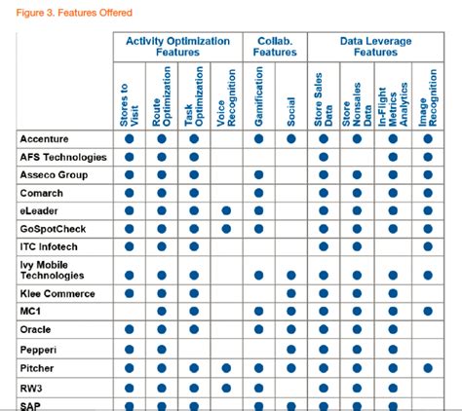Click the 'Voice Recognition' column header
tap(227, 97)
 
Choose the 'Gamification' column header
tap(259, 97)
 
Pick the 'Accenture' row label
tap(47, 139)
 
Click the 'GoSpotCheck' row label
tap(54, 228)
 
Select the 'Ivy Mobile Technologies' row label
tap(58, 269)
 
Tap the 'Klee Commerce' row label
tap(58, 293)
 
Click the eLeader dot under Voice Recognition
tap(227, 210)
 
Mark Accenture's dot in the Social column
tap(291, 139)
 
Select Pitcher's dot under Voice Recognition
tap(227, 368)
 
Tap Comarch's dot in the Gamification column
tap(259, 193)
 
